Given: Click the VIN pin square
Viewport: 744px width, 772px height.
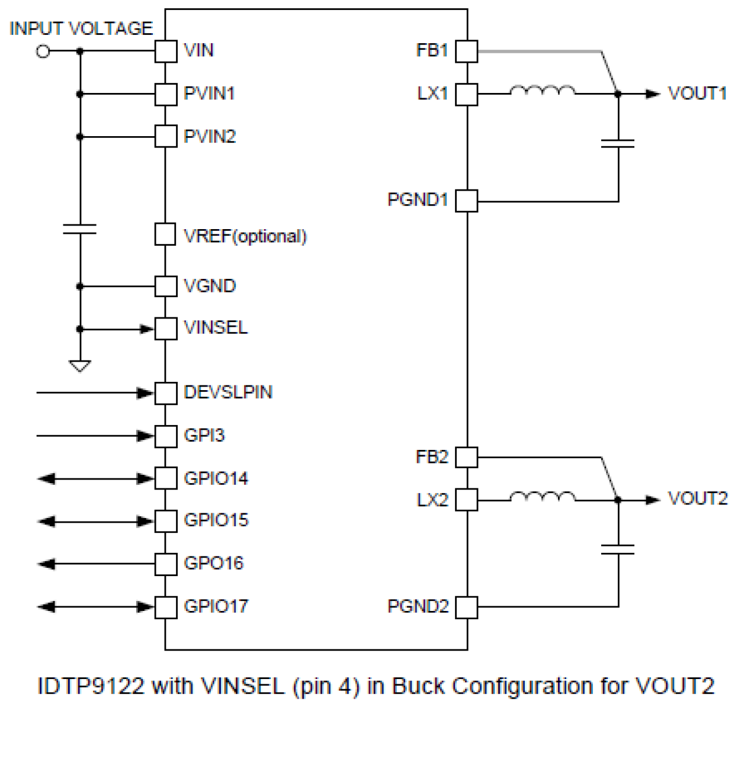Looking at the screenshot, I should point(166,52).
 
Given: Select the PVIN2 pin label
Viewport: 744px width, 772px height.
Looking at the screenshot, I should point(210,137).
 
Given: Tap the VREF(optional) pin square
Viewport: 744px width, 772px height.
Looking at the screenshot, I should point(165,234).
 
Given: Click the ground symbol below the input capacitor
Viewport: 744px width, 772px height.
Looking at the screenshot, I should point(80,366).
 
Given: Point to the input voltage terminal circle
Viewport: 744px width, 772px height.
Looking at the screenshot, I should point(43,52).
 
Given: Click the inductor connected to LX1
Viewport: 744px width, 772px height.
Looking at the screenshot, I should point(542,91).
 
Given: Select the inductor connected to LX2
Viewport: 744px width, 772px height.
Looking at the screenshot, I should point(542,497).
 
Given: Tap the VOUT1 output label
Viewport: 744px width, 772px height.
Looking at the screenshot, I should point(697,94).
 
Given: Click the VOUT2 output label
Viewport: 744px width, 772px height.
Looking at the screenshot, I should point(697,499).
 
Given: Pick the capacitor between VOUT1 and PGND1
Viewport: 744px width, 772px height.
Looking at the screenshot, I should point(618,143).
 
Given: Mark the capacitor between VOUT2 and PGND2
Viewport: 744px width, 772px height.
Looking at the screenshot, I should point(618,550).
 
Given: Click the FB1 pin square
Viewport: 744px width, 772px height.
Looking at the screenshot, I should point(467,52).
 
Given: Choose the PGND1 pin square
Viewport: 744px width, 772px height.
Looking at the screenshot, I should point(467,201).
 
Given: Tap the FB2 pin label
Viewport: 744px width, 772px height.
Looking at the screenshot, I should point(432,457).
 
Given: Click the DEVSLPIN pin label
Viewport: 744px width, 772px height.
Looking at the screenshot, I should point(228,393).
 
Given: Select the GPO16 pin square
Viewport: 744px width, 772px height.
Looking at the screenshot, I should point(166,564).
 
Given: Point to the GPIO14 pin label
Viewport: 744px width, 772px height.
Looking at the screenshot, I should point(216,478).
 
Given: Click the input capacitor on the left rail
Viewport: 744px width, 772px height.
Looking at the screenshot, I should point(80,229).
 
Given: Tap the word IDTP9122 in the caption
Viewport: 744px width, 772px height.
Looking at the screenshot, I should point(91,686).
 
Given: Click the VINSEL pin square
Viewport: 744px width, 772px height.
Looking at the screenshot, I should point(166,329).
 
